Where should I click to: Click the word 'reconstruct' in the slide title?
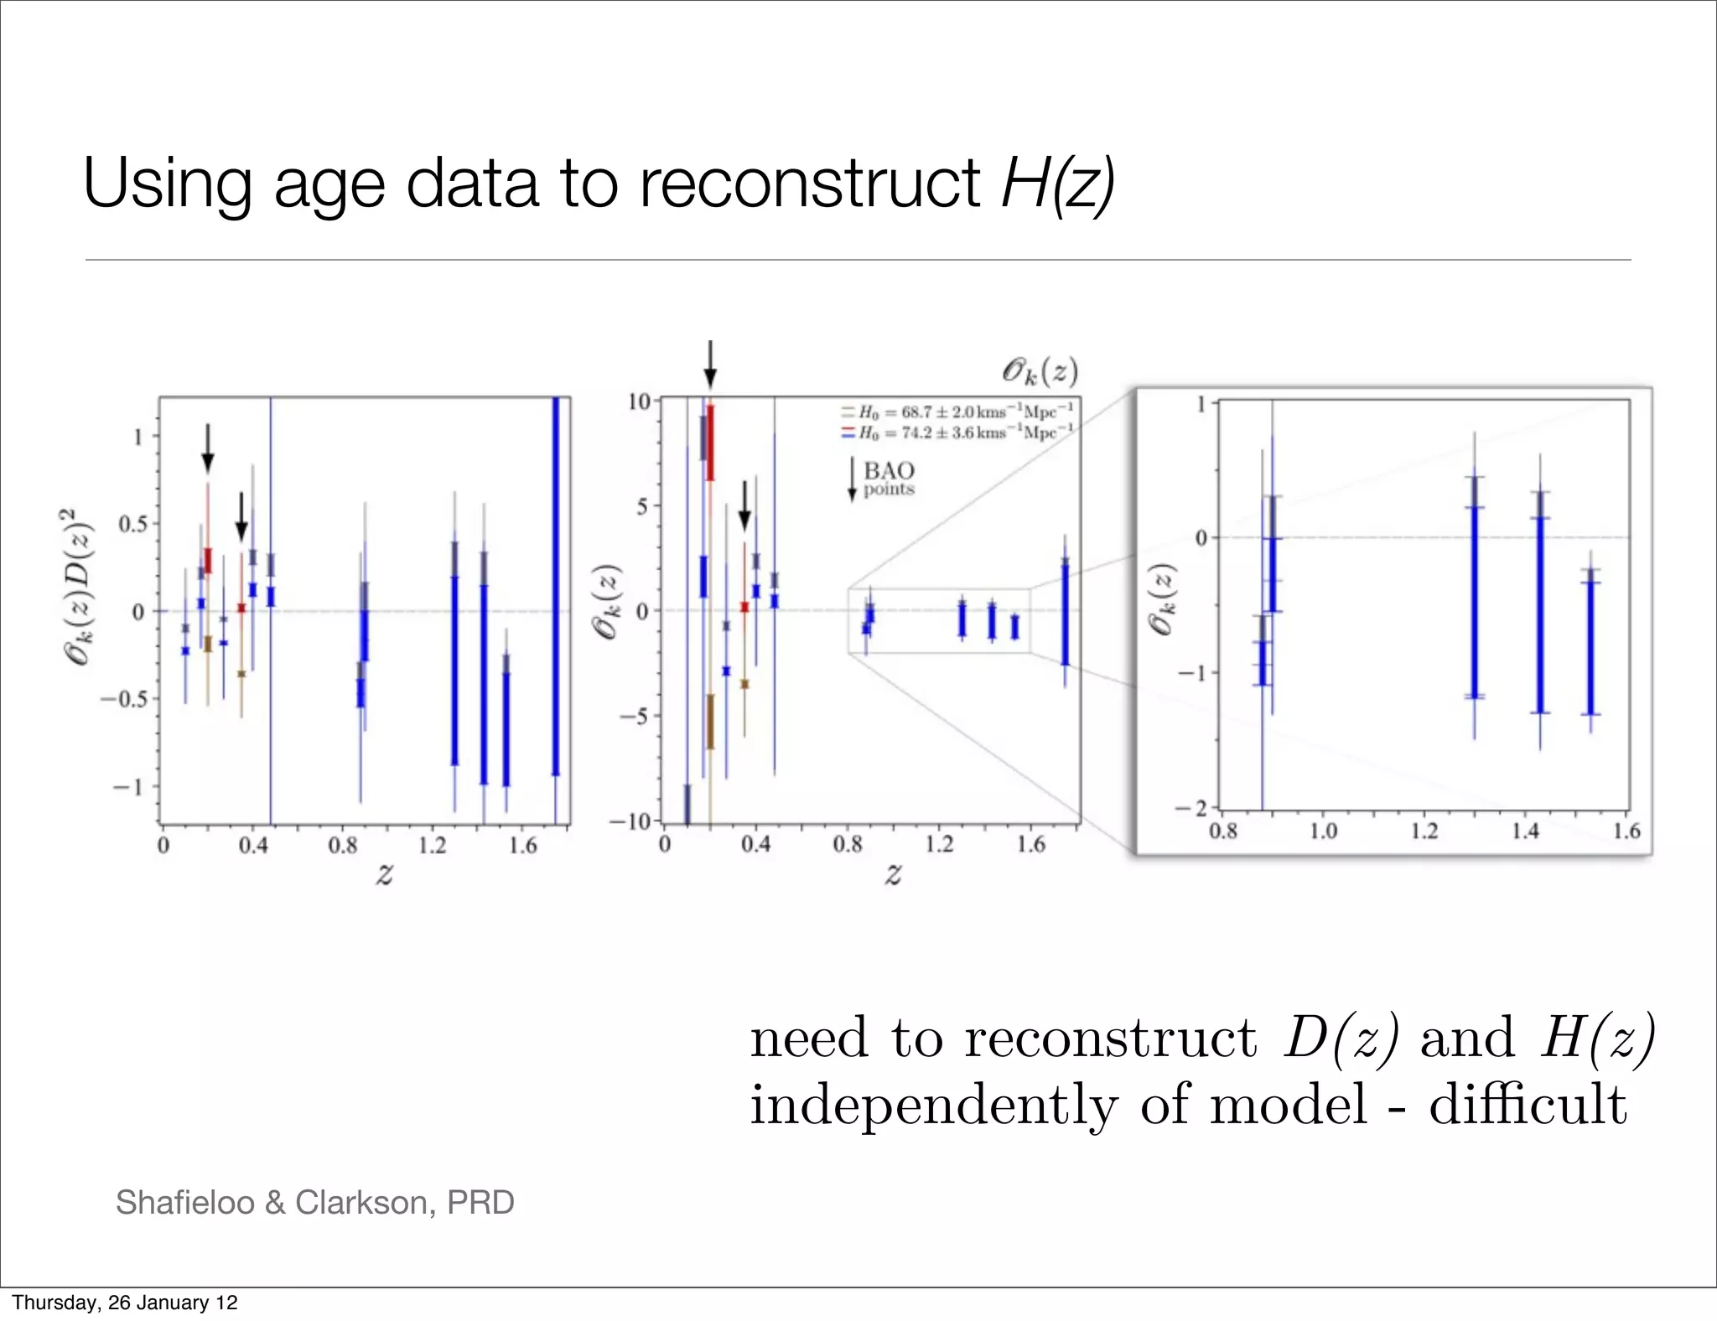tap(809, 184)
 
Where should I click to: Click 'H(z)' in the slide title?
tap(1058, 184)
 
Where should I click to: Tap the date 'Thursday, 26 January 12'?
tap(125, 1303)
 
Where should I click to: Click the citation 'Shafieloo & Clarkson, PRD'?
tap(314, 1202)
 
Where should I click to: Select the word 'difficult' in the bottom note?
tap(1528, 1104)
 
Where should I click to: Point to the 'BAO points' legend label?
tap(888, 479)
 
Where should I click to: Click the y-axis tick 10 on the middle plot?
tap(639, 401)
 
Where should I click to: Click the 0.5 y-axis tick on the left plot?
tap(132, 525)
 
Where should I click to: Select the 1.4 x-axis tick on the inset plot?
tap(1524, 831)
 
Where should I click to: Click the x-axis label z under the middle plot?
tap(893, 874)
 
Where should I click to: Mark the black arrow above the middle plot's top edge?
tap(710, 363)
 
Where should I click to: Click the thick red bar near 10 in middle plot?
tap(710, 443)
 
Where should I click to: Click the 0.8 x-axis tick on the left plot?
tap(342, 845)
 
